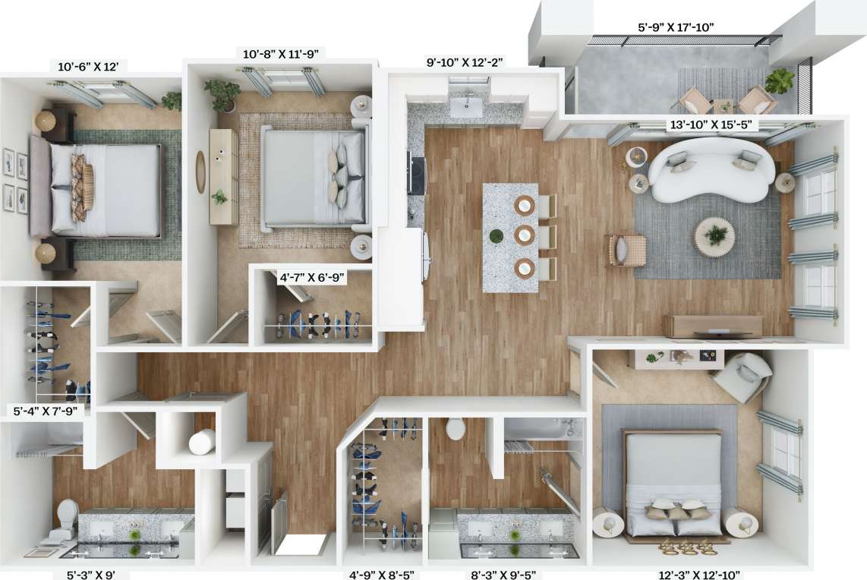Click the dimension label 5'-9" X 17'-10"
click(676, 27)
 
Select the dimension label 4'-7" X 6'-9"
click(313, 278)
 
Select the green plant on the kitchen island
click(496, 236)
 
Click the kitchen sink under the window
click(465, 107)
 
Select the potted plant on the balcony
click(779, 80)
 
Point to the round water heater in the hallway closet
click(202, 441)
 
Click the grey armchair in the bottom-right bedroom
click(742, 377)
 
